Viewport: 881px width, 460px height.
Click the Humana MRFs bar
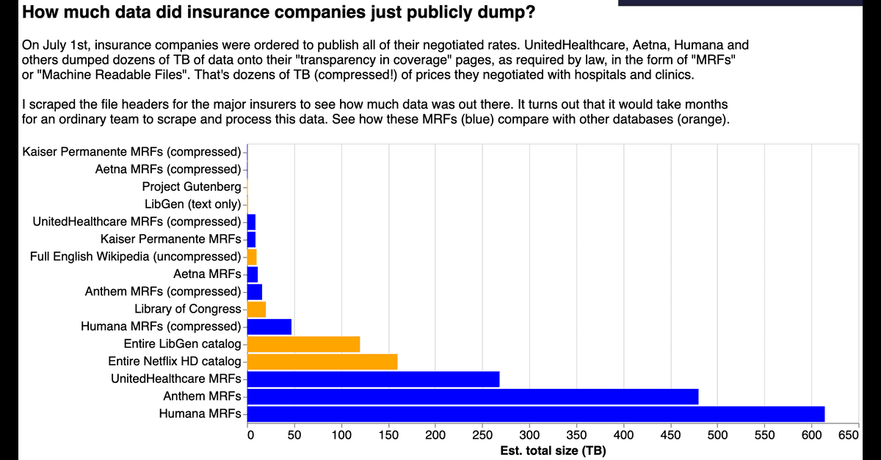536,414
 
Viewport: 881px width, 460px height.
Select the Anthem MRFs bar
473,396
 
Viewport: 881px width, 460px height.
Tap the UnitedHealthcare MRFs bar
373,379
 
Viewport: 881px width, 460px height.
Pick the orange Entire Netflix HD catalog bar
322,362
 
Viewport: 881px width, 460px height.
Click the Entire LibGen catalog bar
303,343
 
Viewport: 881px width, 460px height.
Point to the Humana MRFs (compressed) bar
269,326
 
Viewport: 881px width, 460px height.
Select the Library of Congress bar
256,309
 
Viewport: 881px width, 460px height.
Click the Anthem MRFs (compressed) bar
255,291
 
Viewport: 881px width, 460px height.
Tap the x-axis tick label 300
529,435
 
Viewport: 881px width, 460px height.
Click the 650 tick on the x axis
849,435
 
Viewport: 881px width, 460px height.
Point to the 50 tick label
294,435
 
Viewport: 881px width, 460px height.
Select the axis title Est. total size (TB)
553,450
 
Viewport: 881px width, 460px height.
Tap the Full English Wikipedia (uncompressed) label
135,257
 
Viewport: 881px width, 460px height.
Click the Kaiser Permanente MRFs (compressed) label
131,152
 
